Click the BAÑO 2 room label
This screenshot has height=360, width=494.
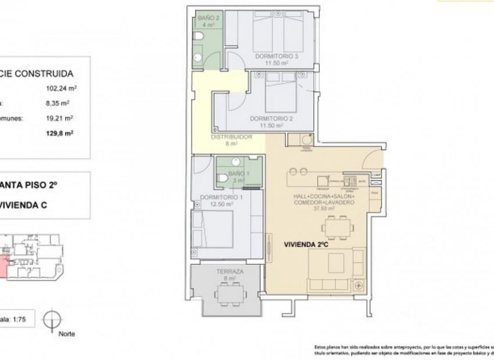point(207,18)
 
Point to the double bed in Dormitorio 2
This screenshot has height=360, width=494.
point(281,93)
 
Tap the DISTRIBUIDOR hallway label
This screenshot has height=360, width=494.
point(231,137)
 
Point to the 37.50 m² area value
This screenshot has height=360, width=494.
point(323,208)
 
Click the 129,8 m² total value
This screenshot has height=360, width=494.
point(66,132)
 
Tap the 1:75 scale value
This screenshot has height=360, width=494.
point(22,319)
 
